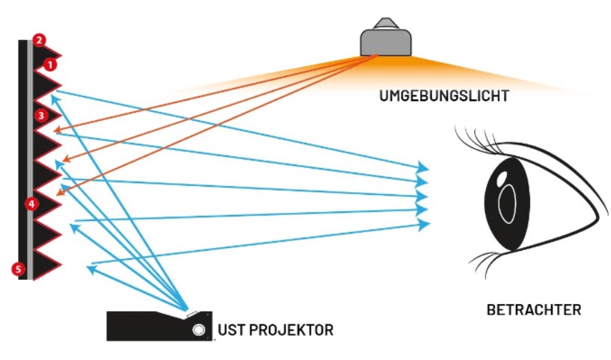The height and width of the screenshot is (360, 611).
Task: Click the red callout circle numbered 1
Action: [50, 65]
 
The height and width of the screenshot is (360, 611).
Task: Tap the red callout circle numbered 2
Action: [39, 40]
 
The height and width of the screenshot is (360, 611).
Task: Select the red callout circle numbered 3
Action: [41, 115]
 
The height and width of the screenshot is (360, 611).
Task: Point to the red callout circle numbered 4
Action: [32, 203]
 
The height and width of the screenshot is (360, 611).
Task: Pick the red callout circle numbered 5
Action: [18, 269]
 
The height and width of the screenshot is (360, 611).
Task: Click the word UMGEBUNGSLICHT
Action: [444, 96]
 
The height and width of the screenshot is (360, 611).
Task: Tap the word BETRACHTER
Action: [534, 310]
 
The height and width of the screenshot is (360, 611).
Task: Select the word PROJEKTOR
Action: [291, 330]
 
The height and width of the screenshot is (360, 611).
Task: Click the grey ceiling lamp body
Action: [386, 42]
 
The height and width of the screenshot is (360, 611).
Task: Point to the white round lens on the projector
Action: [199, 330]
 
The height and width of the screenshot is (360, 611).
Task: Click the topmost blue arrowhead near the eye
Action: [422, 167]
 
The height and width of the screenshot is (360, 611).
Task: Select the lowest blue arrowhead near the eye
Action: [424, 225]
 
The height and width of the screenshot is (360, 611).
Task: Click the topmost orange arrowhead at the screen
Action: [57, 130]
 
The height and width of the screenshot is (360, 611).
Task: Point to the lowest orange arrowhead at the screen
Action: [61, 191]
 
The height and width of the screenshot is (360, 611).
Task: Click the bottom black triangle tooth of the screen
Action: [47, 265]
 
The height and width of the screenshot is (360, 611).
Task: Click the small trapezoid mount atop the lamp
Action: [386, 23]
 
